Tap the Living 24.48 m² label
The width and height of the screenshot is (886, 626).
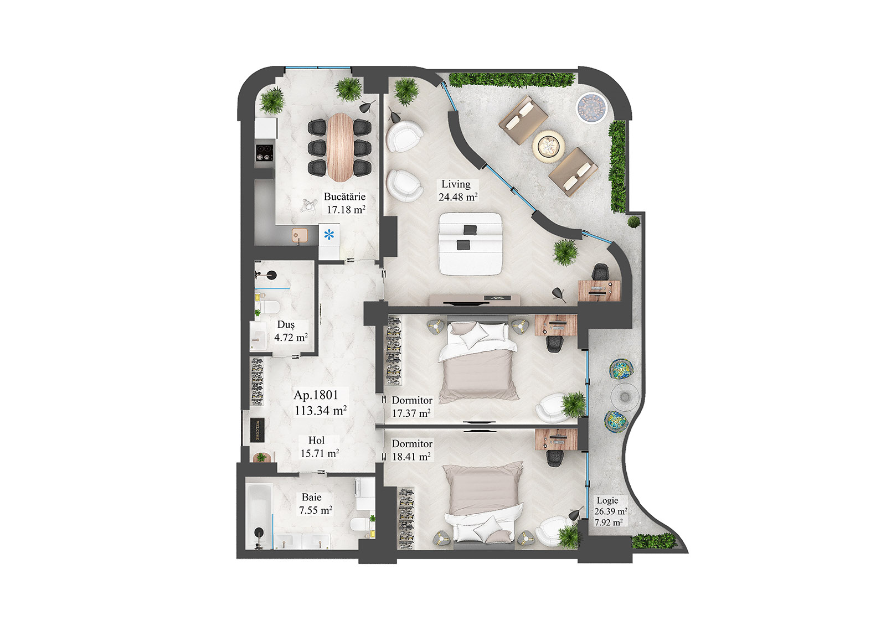pos(457,190)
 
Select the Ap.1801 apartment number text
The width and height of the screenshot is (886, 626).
pos(316,395)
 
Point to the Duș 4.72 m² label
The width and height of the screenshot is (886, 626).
pos(290,331)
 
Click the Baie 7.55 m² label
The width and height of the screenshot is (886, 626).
pos(315,504)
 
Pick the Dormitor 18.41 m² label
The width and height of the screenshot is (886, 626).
pos(411,450)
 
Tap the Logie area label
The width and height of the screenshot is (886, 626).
pos(609,511)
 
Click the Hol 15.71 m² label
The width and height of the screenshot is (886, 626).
pos(319,447)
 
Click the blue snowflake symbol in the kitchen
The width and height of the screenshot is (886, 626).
pos(329,235)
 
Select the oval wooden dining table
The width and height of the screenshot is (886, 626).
pos(339,147)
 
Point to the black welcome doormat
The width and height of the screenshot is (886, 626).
pos(258,430)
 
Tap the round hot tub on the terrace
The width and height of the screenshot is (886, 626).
pos(590,107)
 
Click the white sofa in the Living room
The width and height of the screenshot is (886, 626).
pos(471,244)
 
